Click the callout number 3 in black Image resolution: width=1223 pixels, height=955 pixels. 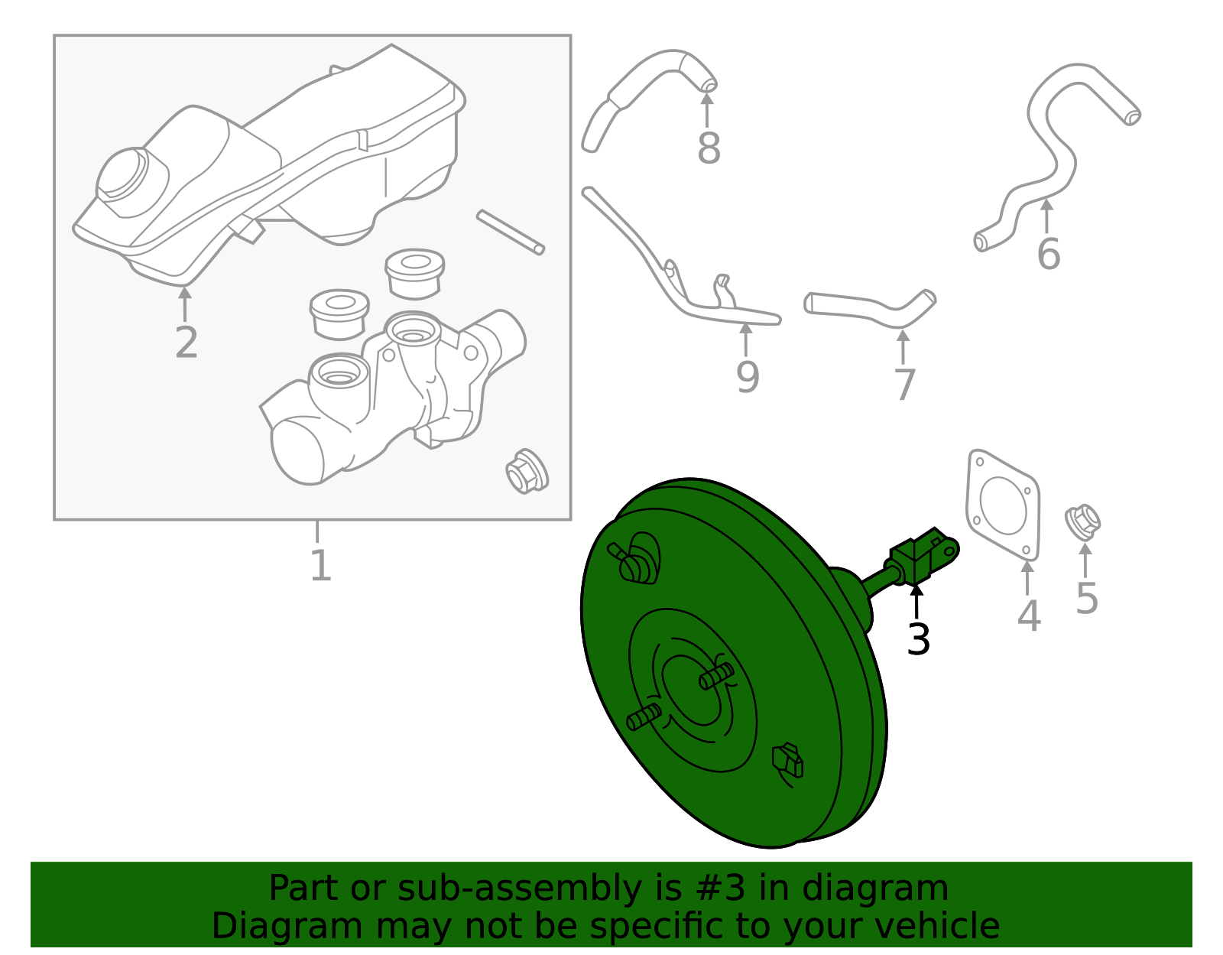[x=918, y=639]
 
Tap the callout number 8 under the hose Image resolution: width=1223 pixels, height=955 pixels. [x=709, y=149]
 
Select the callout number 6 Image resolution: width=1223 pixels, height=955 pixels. [x=1048, y=255]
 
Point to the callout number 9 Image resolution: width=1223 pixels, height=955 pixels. [x=748, y=377]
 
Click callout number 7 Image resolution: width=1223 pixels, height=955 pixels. [x=904, y=385]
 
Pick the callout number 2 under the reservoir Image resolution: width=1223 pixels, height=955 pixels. [x=186, y=343]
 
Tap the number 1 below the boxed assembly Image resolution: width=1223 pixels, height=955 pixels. [x=320, y=566]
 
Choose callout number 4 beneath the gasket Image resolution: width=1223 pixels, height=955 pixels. [x=1028, y=616]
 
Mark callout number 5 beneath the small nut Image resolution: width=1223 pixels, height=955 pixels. [x=1086, y=599]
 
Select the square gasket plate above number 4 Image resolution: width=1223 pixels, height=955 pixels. [x=1003, y=505]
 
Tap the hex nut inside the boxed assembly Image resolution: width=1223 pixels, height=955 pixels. [x=526, y=471]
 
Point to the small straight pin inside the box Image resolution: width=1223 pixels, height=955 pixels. [x=510, y=232]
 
